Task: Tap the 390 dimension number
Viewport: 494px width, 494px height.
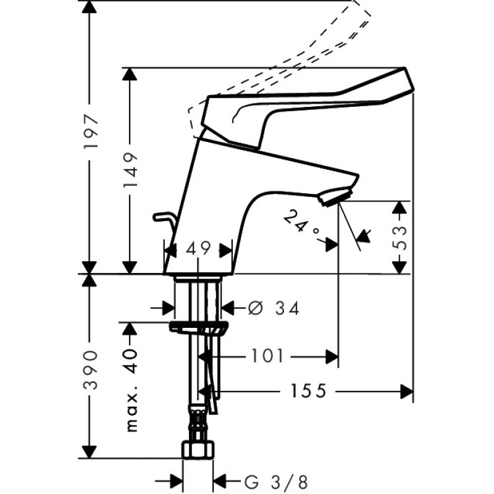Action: click(x=90, y=369)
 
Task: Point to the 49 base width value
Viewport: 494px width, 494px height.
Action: click(x=198, y=249)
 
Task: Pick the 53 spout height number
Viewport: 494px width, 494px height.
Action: click(x=400, y=237)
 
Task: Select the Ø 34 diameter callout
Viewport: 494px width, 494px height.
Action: click(x=274, y=308)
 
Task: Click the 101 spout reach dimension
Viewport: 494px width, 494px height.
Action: click(x=267, y=357)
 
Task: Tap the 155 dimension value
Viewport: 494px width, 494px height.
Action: click(x=308, y=391)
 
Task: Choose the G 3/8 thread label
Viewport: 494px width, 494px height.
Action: click(x=275, y=482)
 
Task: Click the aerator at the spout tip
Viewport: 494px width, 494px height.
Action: click(x=335, y=196)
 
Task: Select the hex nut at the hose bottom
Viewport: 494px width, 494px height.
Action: click(x=198, y=450)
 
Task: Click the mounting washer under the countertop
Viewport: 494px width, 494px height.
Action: click(x=198, y=327)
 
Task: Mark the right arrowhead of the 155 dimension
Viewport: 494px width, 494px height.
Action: click(x=406, y=391)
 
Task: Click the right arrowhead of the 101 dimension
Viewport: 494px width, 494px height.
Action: click(x=332, y=357)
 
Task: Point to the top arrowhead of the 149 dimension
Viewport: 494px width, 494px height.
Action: click(x=130, y=74)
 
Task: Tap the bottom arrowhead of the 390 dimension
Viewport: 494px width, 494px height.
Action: click(x=89, y=451)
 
